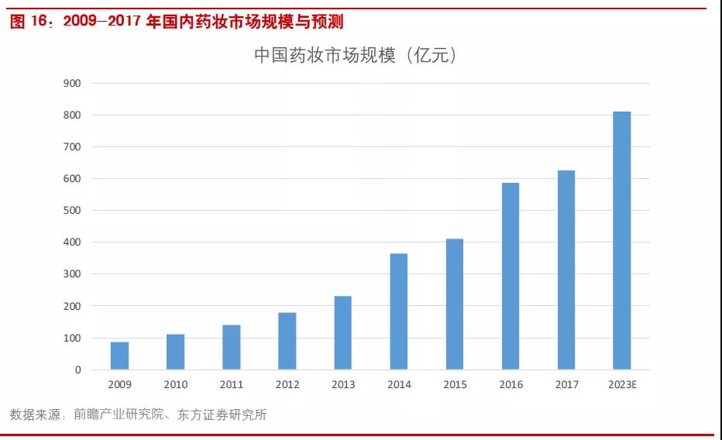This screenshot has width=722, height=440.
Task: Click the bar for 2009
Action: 119,356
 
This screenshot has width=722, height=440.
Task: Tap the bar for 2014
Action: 398,311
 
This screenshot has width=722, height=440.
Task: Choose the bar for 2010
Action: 175,352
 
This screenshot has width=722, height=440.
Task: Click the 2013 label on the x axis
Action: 342,385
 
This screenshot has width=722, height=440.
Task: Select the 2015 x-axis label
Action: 454,385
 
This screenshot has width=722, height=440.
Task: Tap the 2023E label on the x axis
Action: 622,385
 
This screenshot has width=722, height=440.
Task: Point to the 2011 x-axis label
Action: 231,385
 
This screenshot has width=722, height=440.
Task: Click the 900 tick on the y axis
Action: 73,83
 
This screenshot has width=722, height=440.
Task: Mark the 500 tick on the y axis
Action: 73,211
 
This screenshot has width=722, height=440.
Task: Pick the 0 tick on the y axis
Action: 77,370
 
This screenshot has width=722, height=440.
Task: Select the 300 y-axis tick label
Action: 73,274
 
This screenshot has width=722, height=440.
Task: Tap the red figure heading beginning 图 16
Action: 177,22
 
